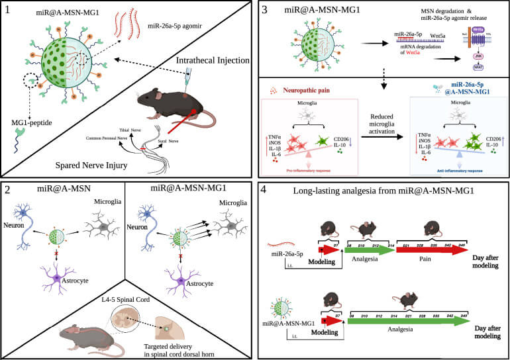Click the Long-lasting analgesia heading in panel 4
[383, 192]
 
